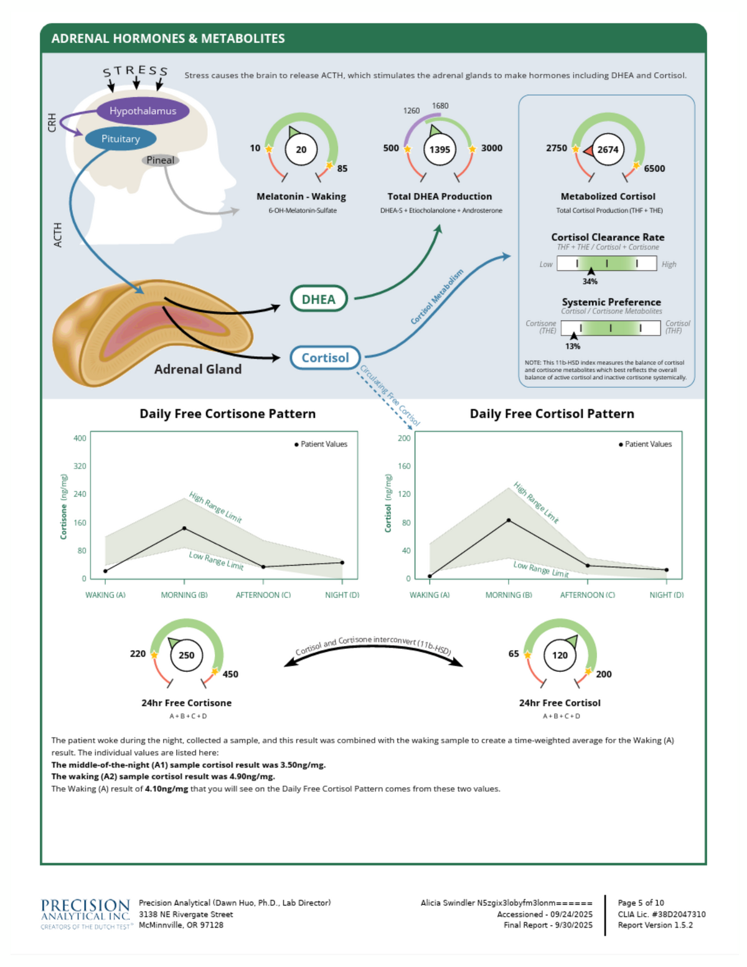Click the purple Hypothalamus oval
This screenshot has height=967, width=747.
[x=143, y=111]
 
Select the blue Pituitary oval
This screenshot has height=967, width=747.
[x=120, y=139]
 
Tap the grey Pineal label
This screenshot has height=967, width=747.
[x=160, y=160]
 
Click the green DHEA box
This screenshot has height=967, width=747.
[x=318, y=299]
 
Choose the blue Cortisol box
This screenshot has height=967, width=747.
[x=325, y=357]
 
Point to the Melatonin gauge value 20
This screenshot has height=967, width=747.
[x=301, y=149]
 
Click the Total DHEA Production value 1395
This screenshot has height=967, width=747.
[x=439, y=149]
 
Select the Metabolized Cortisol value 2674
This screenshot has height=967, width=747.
[x=608, y=149]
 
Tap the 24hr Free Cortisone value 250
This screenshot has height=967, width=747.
[x=186, y=655]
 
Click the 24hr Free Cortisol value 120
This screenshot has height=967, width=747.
[x=560, y=655]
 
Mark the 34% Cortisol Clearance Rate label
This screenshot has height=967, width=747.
[x=590, y=281]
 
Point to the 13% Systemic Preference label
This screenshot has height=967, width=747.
[x=573, y=346]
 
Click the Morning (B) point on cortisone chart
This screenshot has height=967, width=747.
[x=184, y=528]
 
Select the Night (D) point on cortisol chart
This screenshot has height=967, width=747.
[x=667, y=570]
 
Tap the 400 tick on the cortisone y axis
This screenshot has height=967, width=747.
[x=80, y=438]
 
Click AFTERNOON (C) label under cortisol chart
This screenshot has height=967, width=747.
[x=587, y=595]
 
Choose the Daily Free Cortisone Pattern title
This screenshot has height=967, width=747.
[x=227, y=414]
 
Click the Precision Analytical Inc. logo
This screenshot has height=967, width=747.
[x=85, y=914]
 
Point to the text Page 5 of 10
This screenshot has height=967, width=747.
[x=641, y=903]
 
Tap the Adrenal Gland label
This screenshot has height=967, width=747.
[x=197, y=369]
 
